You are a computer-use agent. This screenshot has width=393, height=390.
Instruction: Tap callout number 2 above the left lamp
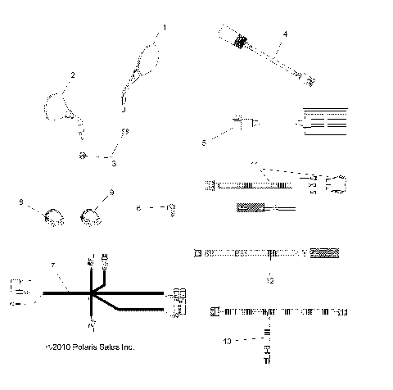click(72, 75)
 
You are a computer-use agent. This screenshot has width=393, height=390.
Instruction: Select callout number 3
click(114, 164)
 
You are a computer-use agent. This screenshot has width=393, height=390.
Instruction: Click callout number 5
click(205, 142)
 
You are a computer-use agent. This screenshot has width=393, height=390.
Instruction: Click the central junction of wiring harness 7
click(93, 292)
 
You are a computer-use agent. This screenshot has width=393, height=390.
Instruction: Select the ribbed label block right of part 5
click(326, 121)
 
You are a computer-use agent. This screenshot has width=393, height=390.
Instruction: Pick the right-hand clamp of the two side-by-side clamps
click(91, 217)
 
